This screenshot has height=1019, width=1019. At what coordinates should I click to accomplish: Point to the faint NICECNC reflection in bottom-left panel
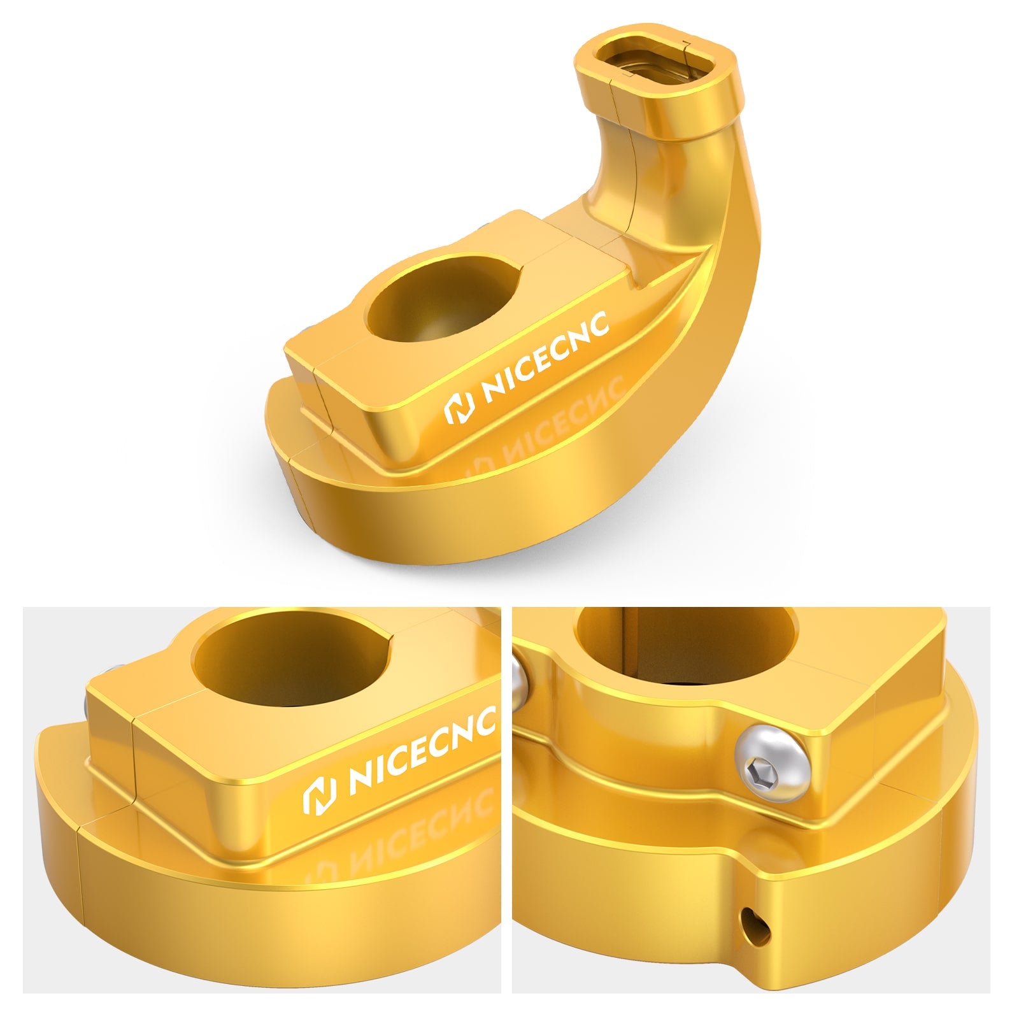(x=408, y=828)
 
